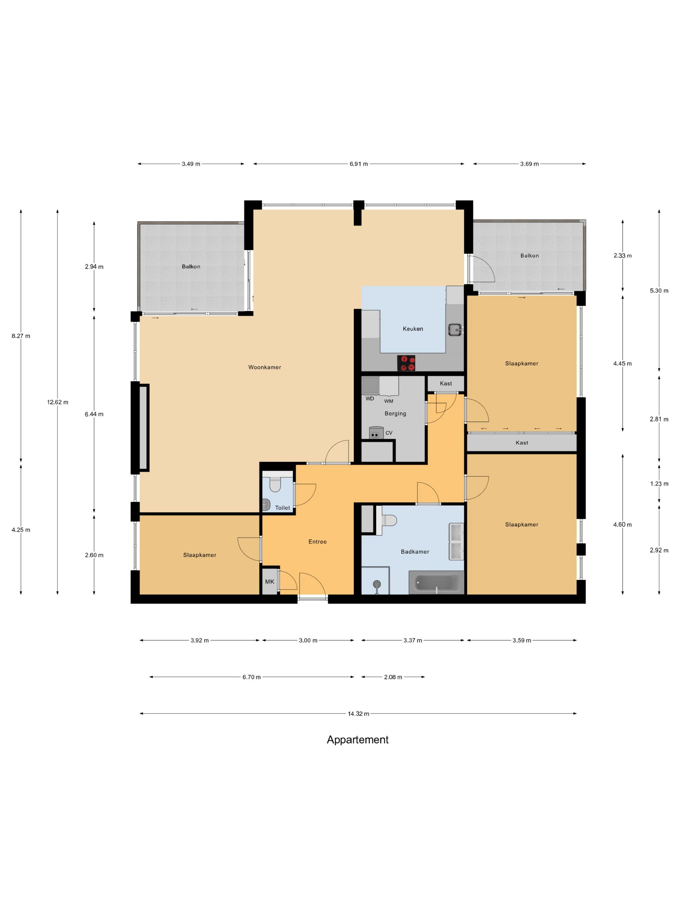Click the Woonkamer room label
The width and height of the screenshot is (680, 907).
(x=264, y=367)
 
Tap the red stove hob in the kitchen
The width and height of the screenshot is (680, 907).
(x=406, y=363)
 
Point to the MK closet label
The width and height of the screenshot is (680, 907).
(x=269, y=581)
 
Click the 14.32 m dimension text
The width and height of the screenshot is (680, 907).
(x=358, y=714)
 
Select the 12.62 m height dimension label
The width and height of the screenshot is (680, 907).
(x=57, y=402)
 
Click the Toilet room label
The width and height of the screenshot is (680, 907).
(x=282, y=508)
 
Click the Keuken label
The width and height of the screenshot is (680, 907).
(x=413, y=328)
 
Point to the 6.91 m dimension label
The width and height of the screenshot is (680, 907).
(x=359, y=164)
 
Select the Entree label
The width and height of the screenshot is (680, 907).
(x=317, y=542)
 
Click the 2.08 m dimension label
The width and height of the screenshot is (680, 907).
(x=393, y=677)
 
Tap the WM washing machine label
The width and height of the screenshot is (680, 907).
(x=389, y=401)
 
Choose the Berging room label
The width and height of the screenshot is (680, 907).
(x=395, y=413)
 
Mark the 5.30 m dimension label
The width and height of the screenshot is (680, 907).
(x=659, y=291)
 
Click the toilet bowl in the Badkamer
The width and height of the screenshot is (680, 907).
(x=389, y=520)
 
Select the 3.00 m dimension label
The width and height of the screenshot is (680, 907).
(x=308, y=640)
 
